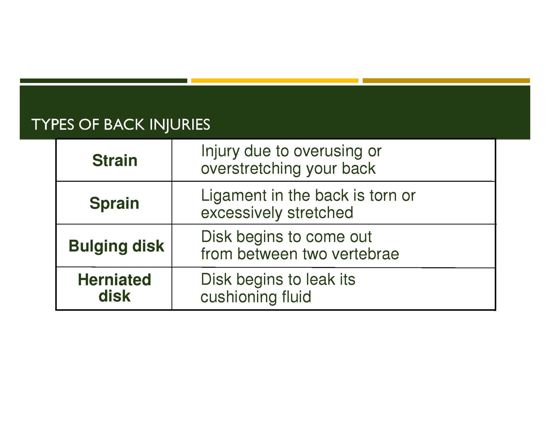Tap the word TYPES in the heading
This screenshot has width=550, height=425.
tap(53, 125)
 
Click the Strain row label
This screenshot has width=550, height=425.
tap(115, 160)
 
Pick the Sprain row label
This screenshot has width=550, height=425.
tap(114, 203)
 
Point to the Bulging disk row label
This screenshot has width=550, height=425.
tap(116, 246)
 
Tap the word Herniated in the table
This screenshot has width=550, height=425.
tap(114, 279)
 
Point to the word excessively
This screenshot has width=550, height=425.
tap(242, 213)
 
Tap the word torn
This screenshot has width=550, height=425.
tap(383, 195)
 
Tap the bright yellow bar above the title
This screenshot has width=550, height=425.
tap(275, 81)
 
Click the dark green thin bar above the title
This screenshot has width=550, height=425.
tap(104, 81)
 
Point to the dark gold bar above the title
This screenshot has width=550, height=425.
tap(446, 81)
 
